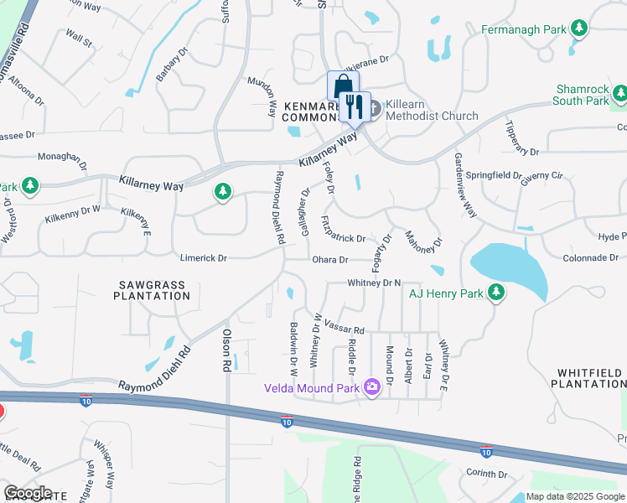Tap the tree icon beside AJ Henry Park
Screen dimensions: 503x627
tap(497, 293)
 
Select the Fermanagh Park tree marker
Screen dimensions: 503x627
tap(578, 29)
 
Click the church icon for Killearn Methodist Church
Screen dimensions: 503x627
tap(374, 108)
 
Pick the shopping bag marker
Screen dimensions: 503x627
tap(342, 86)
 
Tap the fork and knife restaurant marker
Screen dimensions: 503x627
tap(354, 106)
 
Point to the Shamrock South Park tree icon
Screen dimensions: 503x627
tap(620, 92)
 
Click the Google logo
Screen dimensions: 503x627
tap(28, 493)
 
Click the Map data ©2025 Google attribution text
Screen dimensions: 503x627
tap(574, 496)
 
